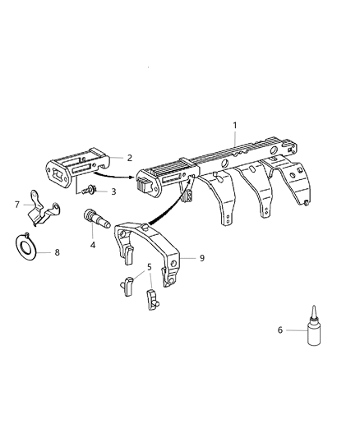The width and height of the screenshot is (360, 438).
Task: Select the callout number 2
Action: click(130, 156)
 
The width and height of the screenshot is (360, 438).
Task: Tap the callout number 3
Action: click(114, 191)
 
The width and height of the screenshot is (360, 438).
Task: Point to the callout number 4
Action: click(93, 245)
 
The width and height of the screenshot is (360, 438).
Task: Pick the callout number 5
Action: click(150, 267)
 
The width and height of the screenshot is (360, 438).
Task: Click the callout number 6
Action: click(280, 330)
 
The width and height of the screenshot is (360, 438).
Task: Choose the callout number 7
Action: click(16, 204)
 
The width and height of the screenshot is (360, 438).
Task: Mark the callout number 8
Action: click(57, 252)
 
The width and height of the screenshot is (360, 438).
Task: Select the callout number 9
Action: click(201, 257)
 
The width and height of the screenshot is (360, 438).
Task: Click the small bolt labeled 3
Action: click(90, 190)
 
